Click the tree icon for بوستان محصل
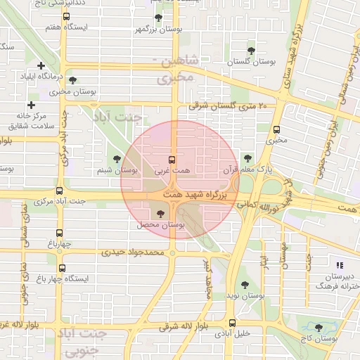tap(161, 213)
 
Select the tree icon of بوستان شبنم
tap(117, 159)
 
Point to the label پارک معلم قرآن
tap(246, 169)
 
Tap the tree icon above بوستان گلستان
tap(251, 49)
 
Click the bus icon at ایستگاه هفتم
tap(66, 16)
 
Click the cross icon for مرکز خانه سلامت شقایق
tap(30, 105)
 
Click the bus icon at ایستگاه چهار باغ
tap(63, 268)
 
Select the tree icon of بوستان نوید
tap(244, 285)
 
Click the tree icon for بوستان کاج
tap(319, 327)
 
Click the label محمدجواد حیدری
tap(133, 251)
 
